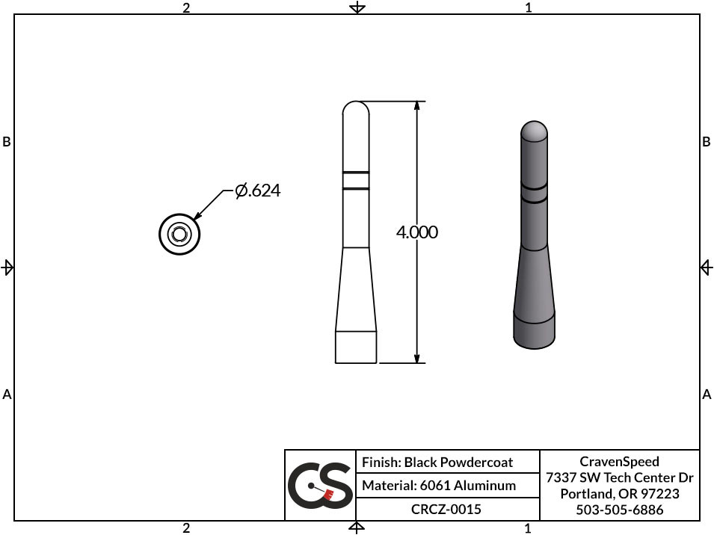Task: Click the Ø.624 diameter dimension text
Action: pos(257,191)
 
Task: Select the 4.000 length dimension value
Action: pos(416,232)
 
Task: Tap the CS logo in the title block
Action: pos(320,486)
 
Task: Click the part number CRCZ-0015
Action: pos(446,510)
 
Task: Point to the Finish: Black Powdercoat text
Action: pos(437,463)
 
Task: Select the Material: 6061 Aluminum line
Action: pos(439,486)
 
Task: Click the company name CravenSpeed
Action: pos(619,462)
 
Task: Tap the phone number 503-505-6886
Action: pos(619,510)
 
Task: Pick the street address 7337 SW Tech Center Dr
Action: pos(619,478)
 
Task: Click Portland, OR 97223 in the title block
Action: pos(619,494)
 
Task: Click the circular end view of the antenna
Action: pos(179,234)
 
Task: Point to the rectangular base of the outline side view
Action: pos(356,347)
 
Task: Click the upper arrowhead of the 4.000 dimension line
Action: pos(416,107)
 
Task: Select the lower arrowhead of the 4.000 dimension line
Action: pos(416,357)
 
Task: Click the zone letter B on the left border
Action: pos(7,142)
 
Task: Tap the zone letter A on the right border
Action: pos(707,394)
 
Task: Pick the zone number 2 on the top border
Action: pos(186,7)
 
